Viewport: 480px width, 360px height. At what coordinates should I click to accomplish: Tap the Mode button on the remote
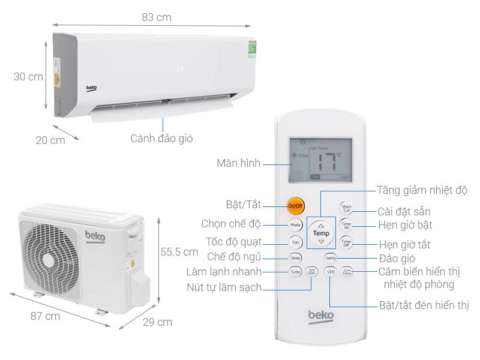(295, 225)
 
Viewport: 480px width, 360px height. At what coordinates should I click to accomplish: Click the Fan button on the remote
(295, 242)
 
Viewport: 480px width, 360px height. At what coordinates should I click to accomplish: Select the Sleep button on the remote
(295, 258)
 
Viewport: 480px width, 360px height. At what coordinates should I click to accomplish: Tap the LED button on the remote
(330, 272)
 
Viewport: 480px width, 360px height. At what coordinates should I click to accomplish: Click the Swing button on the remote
(331, 258)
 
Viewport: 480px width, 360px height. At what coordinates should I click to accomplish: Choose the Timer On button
(346, 225)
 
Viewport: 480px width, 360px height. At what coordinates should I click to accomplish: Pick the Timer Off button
(346, 242)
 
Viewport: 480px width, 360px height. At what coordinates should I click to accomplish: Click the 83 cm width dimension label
(157, 17)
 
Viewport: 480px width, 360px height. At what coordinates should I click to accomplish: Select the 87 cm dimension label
(45, 316)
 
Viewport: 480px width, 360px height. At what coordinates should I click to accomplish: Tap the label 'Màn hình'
(239, 163)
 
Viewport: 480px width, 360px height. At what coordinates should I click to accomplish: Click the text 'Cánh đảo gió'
(162, 139)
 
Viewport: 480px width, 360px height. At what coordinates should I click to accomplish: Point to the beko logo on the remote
(321, 316)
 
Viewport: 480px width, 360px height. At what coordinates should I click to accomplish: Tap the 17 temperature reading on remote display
(328, 161)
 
